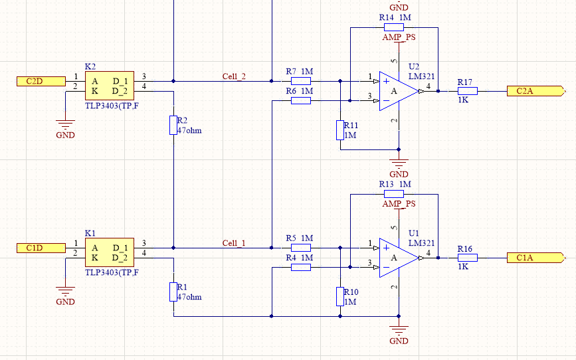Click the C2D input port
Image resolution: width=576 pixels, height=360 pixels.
[41, 81]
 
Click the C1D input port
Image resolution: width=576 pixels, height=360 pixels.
[41, 248]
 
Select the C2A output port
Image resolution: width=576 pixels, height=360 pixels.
[536, 91]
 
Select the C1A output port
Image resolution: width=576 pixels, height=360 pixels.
[536, 258]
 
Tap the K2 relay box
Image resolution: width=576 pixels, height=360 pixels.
[110, 86]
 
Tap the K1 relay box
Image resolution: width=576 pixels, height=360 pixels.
[110, 252]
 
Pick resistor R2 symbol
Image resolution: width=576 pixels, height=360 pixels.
[173, 126]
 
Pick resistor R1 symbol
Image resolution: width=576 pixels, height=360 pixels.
[173, 292]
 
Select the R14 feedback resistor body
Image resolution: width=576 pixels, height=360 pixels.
[394, 27]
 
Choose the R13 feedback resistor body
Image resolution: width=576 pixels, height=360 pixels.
[394, 194]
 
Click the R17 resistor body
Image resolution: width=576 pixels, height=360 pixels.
[468, 91]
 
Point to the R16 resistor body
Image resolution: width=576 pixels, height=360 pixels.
[468, 258]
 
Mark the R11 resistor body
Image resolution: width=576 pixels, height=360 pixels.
[340, 130]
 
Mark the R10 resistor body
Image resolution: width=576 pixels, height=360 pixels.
[340, 297]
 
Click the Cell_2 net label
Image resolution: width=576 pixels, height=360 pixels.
[234, 76]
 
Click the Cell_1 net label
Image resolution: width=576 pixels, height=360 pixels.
[234, 243]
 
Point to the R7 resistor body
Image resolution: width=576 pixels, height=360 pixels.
[301, 81]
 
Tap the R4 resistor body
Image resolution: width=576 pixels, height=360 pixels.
[301, 268]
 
